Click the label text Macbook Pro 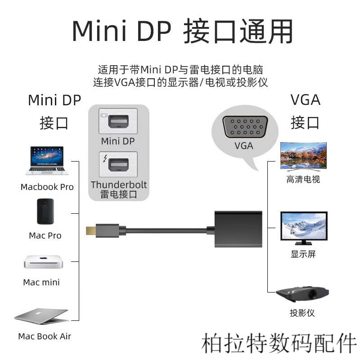[x=47, y=187]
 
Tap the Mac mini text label [x=41, y=283]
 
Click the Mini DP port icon [x=118, y=122]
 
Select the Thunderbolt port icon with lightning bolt [x=118, y=165]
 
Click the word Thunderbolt [x=119, y=185]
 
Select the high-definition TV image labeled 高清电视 [x=303, y=156]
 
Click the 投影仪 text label [x=302, y=313]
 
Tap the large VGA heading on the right [x=305, y=99]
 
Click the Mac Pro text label [x=45, y=235]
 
